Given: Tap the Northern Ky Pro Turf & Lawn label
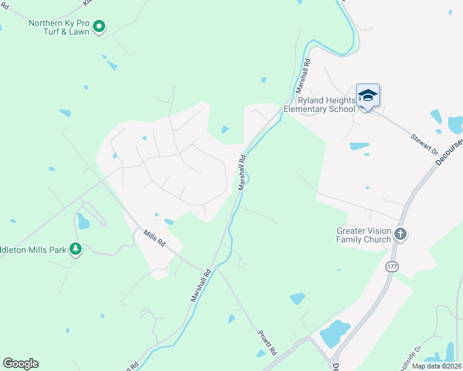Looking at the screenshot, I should tap(59, 27).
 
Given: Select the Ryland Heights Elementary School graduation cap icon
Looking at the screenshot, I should tap(368, 95).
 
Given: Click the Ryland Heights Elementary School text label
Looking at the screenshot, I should tap(319, 104).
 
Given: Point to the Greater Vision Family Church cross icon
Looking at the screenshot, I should tap(400, 234).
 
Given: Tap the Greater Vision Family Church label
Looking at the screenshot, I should tap(364, 235).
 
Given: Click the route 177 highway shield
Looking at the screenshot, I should tap(391, 266).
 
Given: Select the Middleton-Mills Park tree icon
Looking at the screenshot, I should tap(76, 249).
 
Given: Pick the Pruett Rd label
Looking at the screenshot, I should tap(268, 340).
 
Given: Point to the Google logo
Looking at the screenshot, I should tap(20, 364).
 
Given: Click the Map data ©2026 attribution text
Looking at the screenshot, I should tap(436, 366).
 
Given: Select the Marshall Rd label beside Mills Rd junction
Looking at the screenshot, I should tap(201, 285).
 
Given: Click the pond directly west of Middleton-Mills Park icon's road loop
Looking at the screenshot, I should tap(82, 220).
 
